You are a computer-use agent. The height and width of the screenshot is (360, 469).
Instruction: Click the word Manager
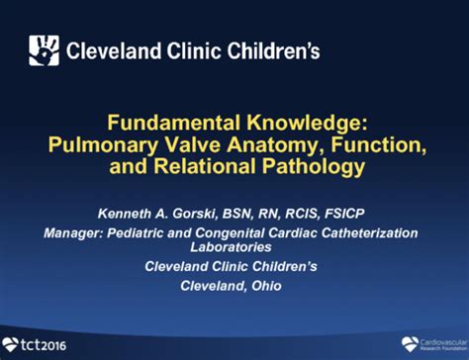[x=71, y=233]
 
